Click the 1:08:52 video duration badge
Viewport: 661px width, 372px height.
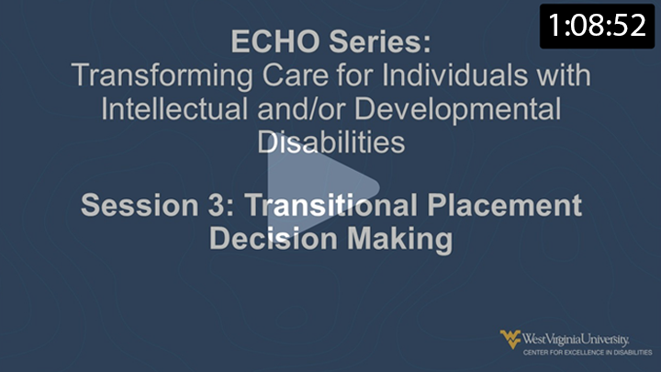point(597,25)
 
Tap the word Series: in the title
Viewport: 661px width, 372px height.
point(380,42)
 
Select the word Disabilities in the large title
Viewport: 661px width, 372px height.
point(330,142)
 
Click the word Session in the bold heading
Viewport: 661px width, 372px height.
point(134,205)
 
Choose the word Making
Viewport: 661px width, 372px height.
point(398,238)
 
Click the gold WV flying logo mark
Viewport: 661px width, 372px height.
point(510,339)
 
